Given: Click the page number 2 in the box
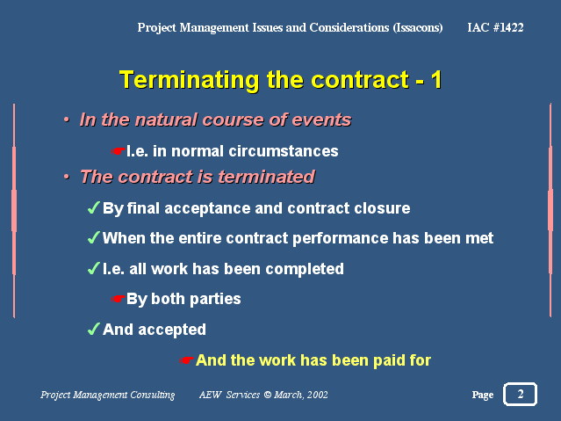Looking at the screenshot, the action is (x=521, y=394).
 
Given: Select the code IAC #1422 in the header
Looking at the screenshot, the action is (x=495, y=27).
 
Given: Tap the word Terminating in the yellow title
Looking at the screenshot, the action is (x=190, y=80).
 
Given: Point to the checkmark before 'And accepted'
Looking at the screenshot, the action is (x=94, y=329).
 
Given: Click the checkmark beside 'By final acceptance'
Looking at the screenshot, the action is (x=94, y=207).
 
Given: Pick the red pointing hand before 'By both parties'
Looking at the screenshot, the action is (x=118, y=299).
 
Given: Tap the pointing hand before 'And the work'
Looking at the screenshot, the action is (x=186, y=359).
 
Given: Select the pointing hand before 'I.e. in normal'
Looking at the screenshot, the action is (x=118, y=151).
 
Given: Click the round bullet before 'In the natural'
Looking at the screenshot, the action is (x=67, y=120).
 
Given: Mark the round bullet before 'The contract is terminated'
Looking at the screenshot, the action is (x=67, y=177).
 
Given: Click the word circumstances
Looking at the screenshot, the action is (x=284, y=151).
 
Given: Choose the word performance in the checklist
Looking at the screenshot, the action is (x=341, y=239).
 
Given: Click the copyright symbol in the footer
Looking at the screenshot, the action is (x=267, y=395).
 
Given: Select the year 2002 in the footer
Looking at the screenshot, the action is (x=317, y=395).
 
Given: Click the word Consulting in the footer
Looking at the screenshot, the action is (x=153, y=395).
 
